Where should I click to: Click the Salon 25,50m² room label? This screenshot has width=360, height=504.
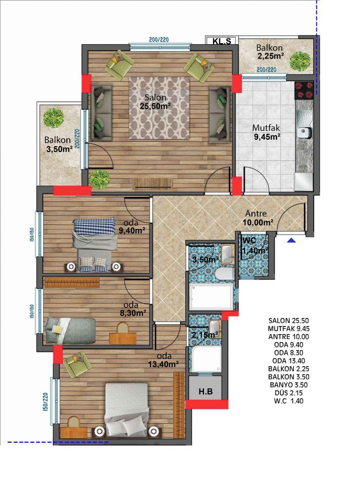click(155, 101)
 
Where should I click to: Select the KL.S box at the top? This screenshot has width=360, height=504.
click(221, 41)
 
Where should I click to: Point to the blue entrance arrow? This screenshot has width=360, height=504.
click(291, 240)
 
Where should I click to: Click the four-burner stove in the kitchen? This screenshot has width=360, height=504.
click(303, 90)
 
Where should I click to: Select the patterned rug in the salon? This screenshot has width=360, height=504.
click(159, 108)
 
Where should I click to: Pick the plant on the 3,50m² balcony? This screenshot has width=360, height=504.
click(53, 118)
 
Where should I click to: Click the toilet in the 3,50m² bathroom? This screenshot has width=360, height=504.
click(225, 274)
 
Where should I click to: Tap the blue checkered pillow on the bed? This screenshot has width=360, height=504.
click(94, 226)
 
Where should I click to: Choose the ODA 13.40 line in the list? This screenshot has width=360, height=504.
click(288, 361)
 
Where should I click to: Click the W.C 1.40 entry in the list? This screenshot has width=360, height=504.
click(288, 401)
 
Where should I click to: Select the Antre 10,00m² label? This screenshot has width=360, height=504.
click(259, 218)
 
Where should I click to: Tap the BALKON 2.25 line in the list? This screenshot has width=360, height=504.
click(288, 369)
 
